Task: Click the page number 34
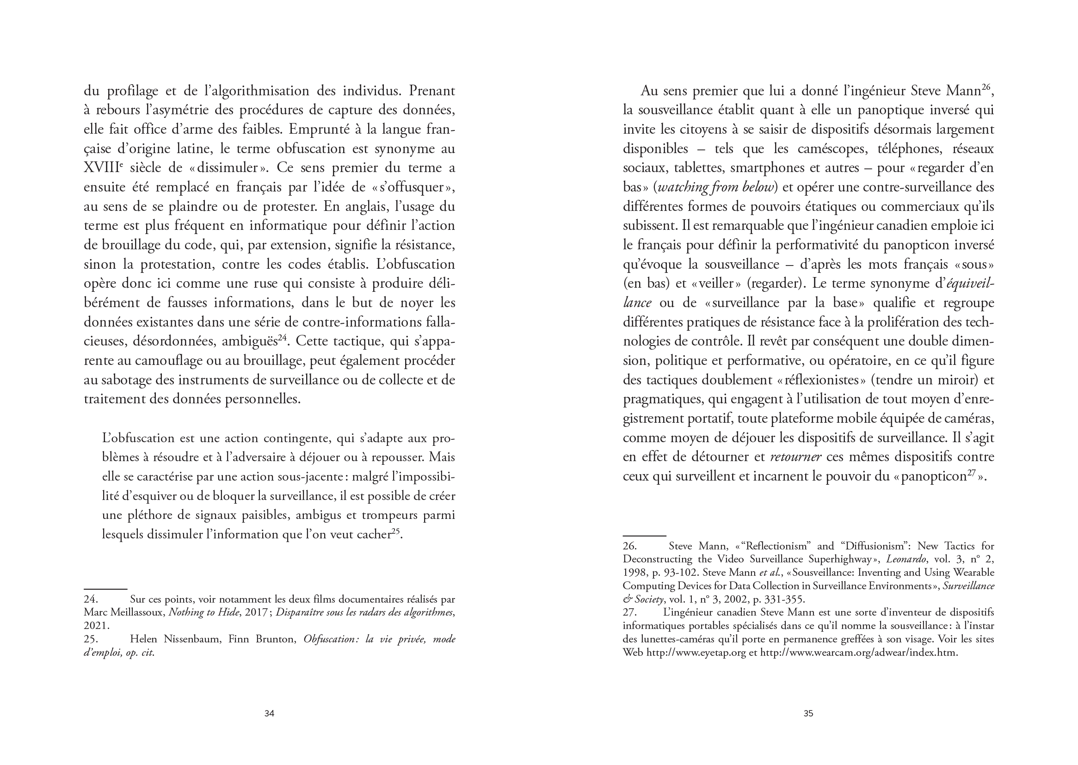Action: pyautogui.click(x=269, y=714)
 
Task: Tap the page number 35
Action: pyautogui.click(x=808, y=714)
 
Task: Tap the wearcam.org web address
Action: pyautogui.click(x=859, y=653)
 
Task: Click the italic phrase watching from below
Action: pyautogui.click(x=716, y=187)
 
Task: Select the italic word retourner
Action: pyautogui.click(x=796, y=457)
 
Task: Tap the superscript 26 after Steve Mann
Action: pyautogui.click(x=986, y=86)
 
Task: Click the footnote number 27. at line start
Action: pyautogui.click(x=630, y=613)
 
